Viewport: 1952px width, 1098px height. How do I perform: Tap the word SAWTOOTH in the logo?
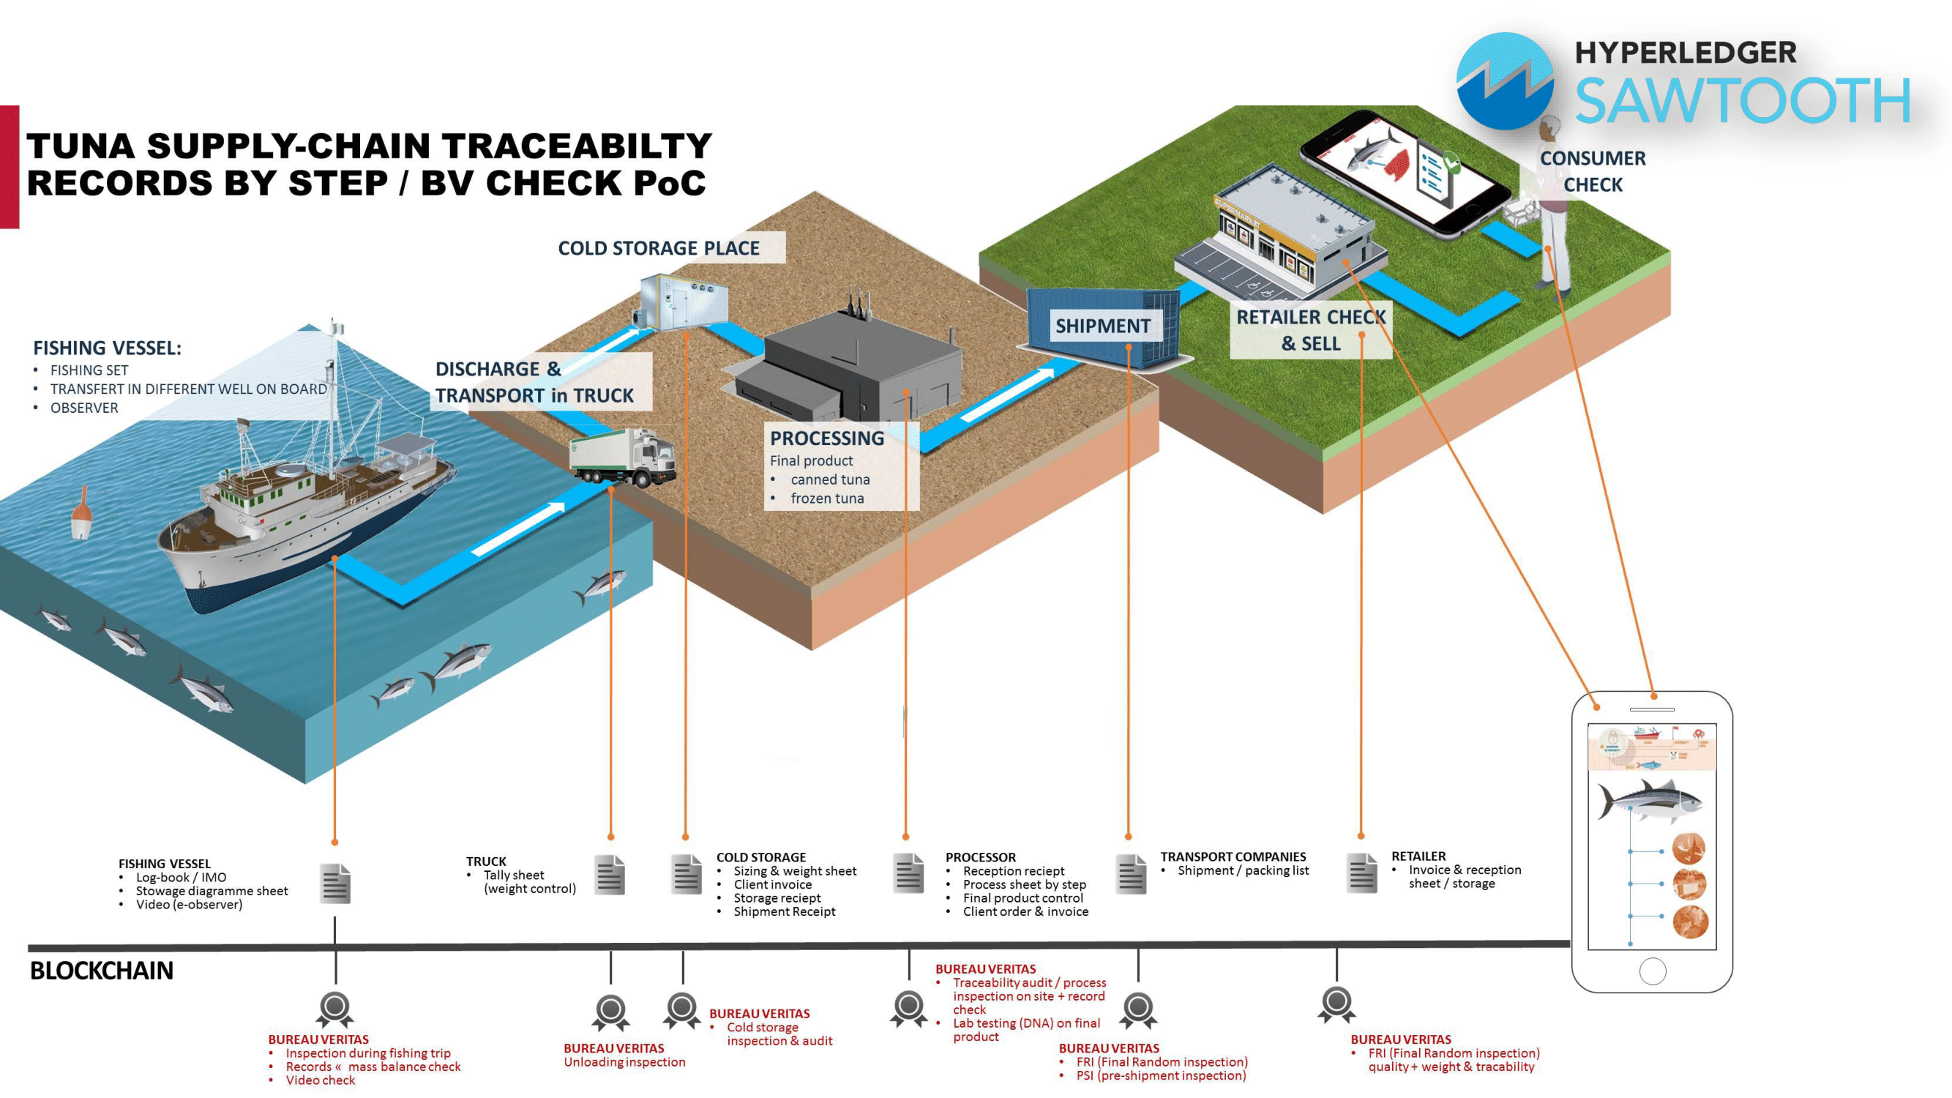pos(1742,101)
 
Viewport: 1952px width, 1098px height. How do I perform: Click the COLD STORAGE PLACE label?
pos(659,248)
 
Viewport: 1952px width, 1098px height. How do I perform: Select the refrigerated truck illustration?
pos(623,457)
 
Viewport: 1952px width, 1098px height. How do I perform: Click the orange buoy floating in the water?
pos(81,514)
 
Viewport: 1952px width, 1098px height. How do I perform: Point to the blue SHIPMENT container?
pos(1102,326)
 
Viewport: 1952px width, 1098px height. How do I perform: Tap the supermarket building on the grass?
pos(1281,235)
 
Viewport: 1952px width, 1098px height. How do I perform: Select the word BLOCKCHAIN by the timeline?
pos(102,971)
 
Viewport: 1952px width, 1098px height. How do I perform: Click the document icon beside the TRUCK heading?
pos(609,875)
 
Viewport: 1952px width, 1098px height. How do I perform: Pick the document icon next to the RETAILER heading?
pos(1361,873)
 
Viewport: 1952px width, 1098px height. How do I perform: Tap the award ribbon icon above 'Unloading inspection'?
pos(610,1011)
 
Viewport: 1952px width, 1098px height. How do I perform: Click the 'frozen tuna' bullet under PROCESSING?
pos(827,498)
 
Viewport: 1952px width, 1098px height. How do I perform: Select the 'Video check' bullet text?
pos(320,1080)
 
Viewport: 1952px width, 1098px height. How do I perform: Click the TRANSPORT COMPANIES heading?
pos(1233,856)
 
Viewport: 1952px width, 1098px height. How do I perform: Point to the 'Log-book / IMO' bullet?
pos(180,877)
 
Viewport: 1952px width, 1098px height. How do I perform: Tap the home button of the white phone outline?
pos(1652,971)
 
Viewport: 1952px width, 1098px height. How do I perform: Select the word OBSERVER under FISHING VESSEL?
pos(84,408)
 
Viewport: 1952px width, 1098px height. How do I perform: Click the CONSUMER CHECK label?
pos(1592,171)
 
